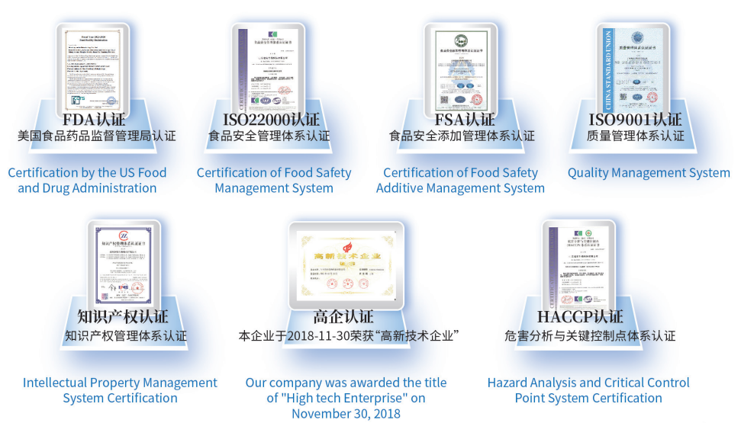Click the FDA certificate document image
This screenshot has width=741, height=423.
pos(92,70)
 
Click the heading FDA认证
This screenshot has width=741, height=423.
pos(94,120)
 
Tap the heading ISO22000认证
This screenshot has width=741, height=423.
pos(272,120)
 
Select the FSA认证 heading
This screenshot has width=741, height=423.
pos(464,120)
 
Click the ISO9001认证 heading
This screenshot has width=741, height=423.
pos(635,120)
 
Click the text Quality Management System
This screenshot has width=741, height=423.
pos(648,173)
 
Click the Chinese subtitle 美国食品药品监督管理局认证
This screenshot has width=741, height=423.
pos(97,136)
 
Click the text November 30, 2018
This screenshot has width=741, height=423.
pos(346,413)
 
